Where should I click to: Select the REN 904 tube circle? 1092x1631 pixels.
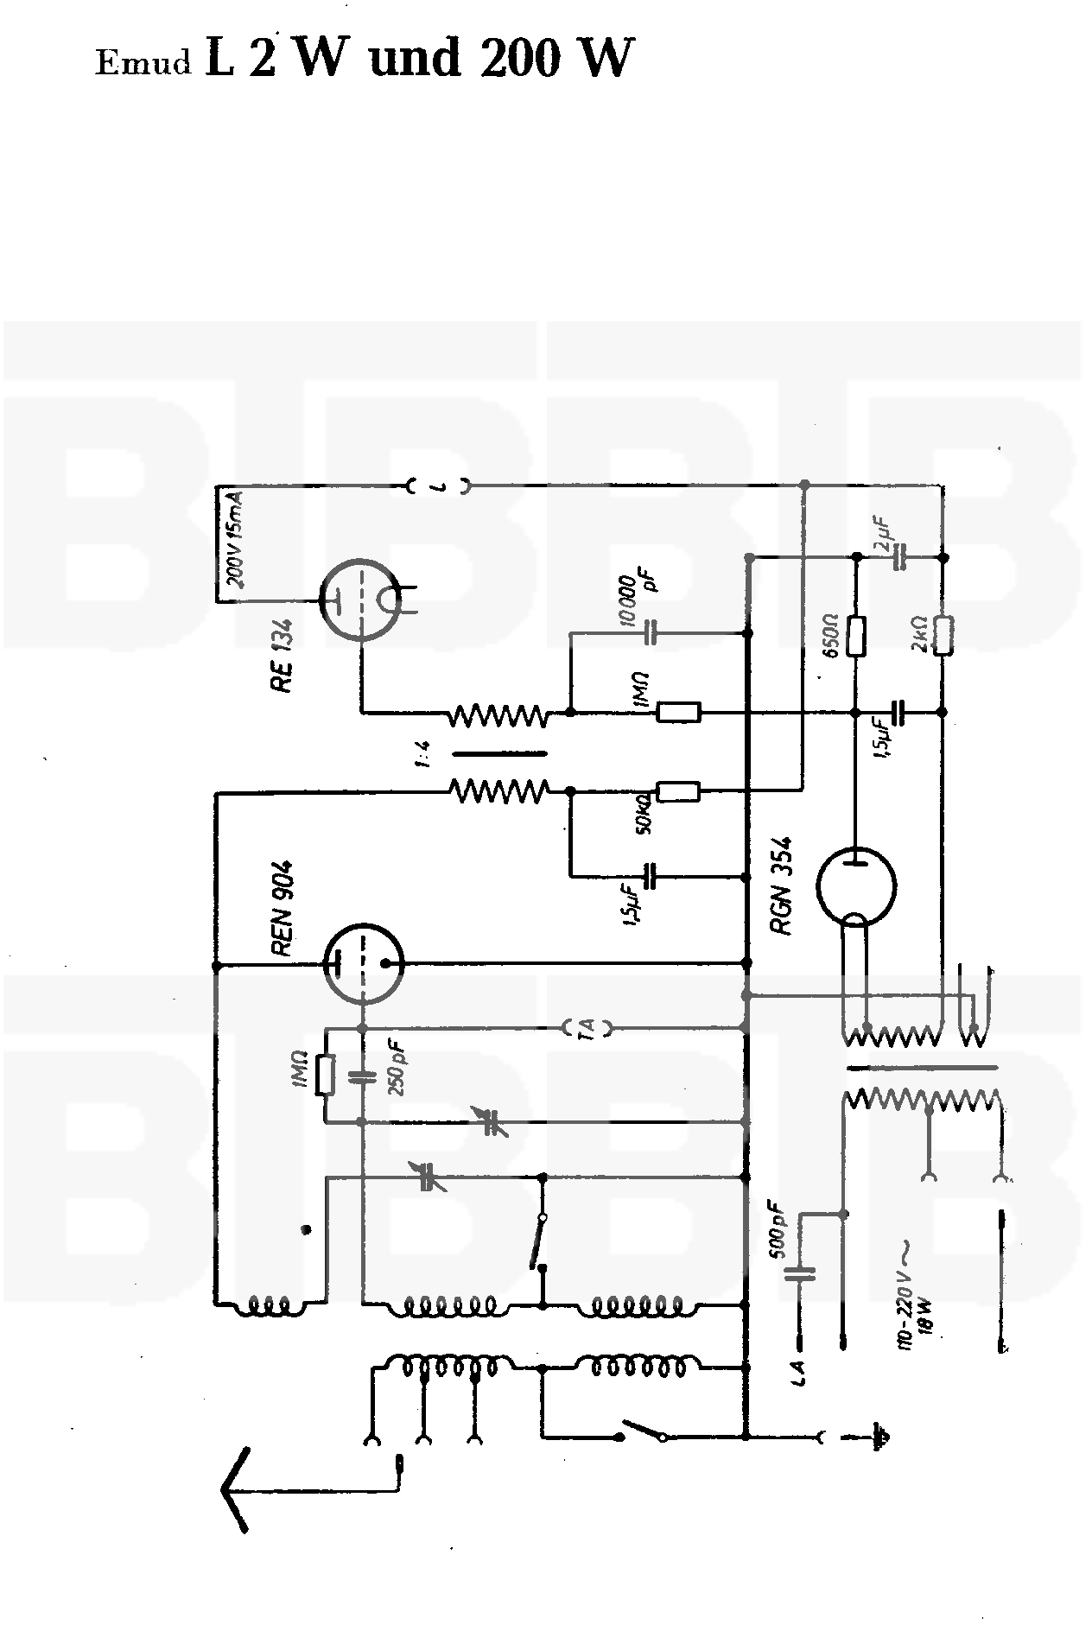click(x=364, y=963)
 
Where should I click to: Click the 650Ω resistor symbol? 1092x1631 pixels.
click(x=856, y=635)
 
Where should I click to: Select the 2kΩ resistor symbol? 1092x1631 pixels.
click(x=943, y=635)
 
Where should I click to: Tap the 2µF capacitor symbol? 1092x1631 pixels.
click(x=899, y=558)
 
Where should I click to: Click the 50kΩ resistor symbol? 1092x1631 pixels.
click(x=678, y=790)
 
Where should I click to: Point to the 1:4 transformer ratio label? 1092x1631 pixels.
click(x=422, y=752)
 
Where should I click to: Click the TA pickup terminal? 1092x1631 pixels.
click(x=587, y=1027)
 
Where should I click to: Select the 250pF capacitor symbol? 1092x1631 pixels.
click(x=363, y=1076)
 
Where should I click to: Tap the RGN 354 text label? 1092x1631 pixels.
click(x=784, y=885)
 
